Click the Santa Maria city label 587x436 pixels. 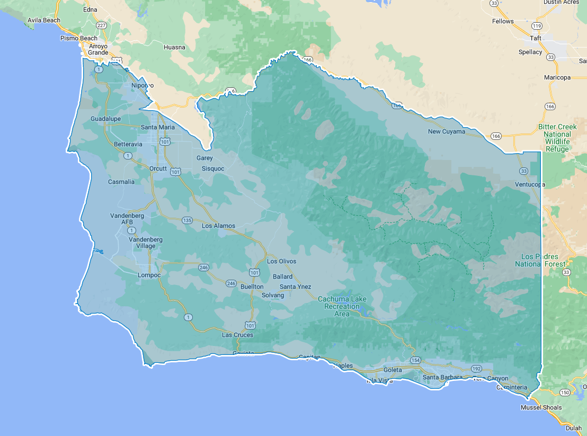coord(158,127)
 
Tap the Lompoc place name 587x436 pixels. coord(149,275)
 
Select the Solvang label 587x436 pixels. coord(273,295)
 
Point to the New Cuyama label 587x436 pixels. coord(446,131)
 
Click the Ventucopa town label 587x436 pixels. coord(530,184)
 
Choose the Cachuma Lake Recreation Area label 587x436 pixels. coord(342,306)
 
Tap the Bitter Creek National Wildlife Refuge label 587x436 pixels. coord(557,138)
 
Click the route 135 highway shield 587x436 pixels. coord(187,220)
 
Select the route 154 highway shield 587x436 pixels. coord(416,360)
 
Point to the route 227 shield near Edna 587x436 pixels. coord(101,25)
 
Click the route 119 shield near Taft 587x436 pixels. coord(537,26)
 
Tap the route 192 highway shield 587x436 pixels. coord(476,369)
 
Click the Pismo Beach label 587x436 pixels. coord(79,38)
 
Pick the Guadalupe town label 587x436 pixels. coord(105,119)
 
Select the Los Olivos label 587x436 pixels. coord(281,261)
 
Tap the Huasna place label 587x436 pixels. coord(175,47)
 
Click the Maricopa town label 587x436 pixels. coord(557,77)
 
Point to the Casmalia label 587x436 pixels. coord(121,182)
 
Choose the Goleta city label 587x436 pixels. coord(393,370)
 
